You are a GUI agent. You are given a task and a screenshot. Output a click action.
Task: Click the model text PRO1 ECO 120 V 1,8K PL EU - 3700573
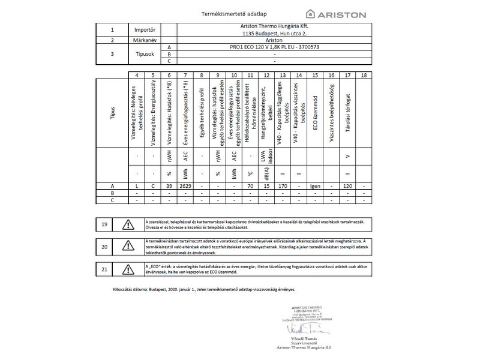pos(274,46)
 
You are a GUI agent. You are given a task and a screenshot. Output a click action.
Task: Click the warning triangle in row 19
pos(129,224)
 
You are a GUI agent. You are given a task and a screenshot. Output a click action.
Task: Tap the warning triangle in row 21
pos(129,269)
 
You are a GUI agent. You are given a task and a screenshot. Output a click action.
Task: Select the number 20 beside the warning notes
pos(104,247)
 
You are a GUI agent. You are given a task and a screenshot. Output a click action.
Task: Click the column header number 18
pos(364,75)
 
